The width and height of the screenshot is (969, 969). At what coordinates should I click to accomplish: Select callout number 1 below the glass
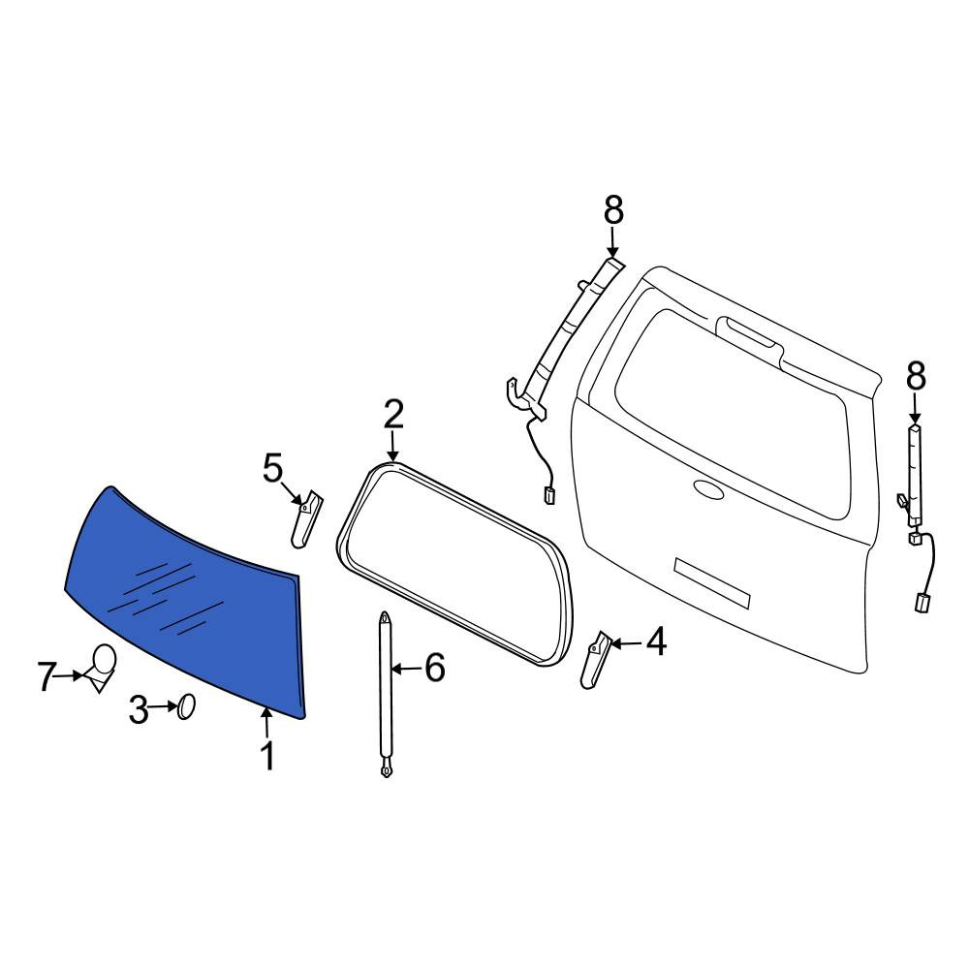[x=267, y=756]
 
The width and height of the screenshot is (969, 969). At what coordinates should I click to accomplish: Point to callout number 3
[x=139, y=710]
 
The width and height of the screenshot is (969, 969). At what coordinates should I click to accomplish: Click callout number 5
[x=272, y=468]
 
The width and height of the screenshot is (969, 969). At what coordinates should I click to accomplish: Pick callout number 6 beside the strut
[x=435, y=668]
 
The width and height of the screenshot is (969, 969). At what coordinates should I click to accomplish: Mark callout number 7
[x=47, y=676]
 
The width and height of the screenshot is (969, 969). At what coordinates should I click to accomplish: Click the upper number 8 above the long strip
[x=613, y=210]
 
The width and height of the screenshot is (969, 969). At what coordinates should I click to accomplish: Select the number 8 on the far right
[x=916, y=376]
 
